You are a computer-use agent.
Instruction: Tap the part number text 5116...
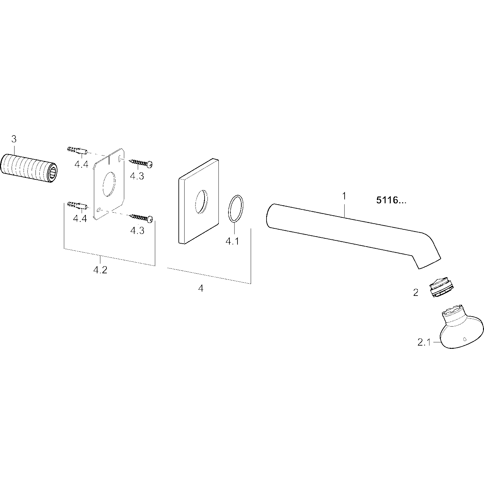(x=391, y=201)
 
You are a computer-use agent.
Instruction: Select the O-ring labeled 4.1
(x=236, y=208)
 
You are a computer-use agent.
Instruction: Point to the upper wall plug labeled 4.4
(x=77, y=151)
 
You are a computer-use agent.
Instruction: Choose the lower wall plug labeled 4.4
(x=77, y=205)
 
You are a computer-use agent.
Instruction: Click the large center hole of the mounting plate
(x=109, y=185)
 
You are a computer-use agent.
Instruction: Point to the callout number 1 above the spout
(x=344, y=196)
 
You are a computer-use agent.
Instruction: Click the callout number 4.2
(x=100, y=270)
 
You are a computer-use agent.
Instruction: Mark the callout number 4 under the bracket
(x=201, y=288)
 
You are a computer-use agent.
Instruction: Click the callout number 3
(x=14, y=139)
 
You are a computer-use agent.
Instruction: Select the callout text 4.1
(x=232, y=241)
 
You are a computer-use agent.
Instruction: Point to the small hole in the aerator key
(x=464, y=339)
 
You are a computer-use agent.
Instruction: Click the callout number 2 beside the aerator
(x=416, y=293)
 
